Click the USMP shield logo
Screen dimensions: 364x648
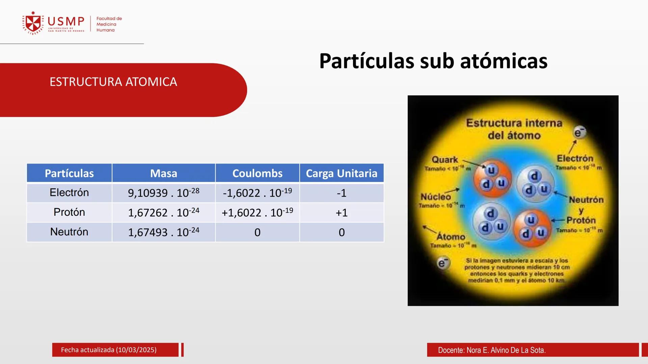(x=33, y=23)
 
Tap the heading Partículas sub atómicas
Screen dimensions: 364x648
(x=433, y=61)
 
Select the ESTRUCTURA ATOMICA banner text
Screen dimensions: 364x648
(x=113, y=82)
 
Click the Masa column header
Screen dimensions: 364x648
(x=163, y=173)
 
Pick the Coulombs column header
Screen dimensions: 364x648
(x=257, y=173)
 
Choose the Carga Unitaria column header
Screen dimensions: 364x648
(x=342, y=173)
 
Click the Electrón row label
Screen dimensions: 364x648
(x=69, y=192)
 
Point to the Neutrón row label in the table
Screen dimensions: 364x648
(x=69, y=232)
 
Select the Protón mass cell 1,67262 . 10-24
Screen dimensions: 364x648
(x=163, y=212)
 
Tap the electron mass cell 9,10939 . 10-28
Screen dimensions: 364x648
(x=163, y=193)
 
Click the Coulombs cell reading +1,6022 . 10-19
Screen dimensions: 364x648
(x=257, y=212)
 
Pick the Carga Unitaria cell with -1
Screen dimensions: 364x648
(x=342, y=193)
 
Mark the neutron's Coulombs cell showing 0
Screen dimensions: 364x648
(x=257, y=232)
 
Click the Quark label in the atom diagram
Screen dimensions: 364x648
(x=444, y=160)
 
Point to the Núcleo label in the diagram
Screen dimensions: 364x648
(x=435, y=197)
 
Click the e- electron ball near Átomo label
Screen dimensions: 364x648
(x=443, y=263)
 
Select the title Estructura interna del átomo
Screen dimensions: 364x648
(x=514, y=129)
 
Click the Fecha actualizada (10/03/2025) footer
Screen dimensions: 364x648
(x=109, y=350)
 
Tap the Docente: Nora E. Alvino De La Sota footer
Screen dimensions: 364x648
(x=492, y=350)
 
